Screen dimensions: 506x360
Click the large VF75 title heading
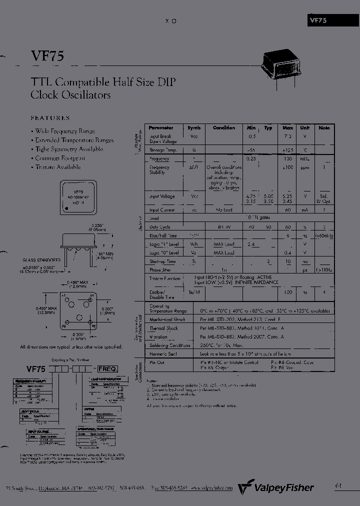(x=47, y=56)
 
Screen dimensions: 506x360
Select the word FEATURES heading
(x=50, y=118)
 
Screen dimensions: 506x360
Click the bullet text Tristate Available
(x=57, y=167)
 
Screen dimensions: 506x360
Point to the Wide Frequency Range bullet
(x=64, y=131)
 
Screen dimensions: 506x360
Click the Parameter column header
(x=161, y=128)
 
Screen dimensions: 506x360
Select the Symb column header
(x=193, y=128)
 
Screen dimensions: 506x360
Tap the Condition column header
(x=223, y=128)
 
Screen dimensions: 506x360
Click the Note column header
(x=324, y=128)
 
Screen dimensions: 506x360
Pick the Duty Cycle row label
(x=160, y=226)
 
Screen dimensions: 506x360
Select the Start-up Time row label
(x=162, y=261)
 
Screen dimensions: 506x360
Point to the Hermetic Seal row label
(x=162, y=353)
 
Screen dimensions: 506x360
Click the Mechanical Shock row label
(x=167, y=319)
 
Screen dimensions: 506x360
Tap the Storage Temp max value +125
(x=287, y=150)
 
